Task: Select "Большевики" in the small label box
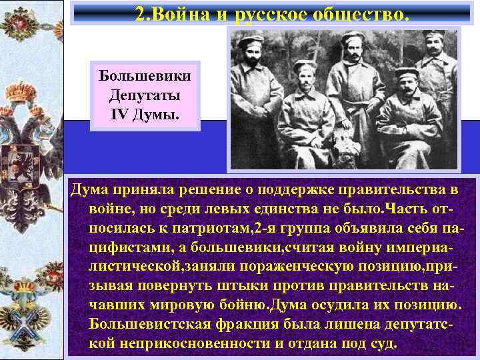click(x=145, y=75)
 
